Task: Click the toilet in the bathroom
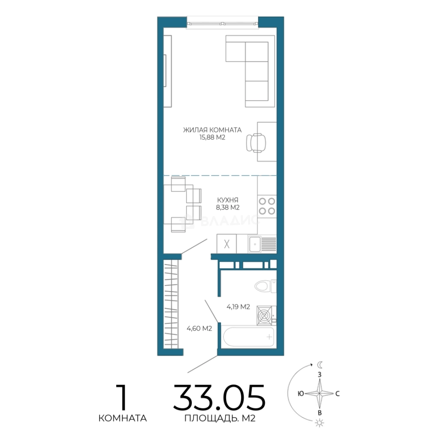click(x=266, y=286)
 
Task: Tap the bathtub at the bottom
click(x=249, y=337)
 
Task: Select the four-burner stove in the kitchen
click(x=267, y=206)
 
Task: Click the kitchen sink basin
click(x=255, y=244)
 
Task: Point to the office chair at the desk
click(x=256, y=143)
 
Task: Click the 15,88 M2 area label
click(x=212, y=138)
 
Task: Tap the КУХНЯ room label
click(x=228, y=200)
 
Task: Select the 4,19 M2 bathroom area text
click(x=238, y=307)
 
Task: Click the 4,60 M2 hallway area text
click(x=199, y=328)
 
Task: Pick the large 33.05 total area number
click(x=219, y=398)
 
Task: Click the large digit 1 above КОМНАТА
click(x=122, y=398)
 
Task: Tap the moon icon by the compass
click(x=320, y=365)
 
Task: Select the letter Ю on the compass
click(x=301, y=394)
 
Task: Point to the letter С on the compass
click(x=338, y=394)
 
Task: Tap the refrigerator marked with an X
click(x=227, y=244)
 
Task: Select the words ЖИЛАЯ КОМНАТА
click(x=212, y=130)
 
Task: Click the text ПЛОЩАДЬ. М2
click(x=220, y=418)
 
